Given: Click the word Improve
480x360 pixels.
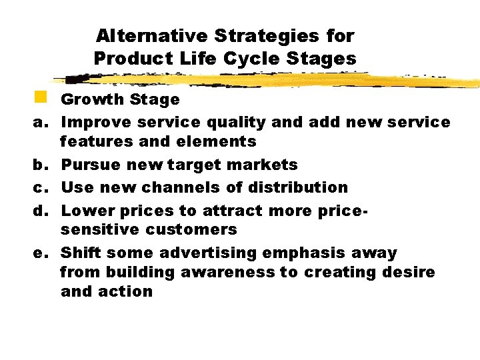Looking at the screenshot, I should click(x=97, y=122).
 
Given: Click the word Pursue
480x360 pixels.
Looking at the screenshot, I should click(x=89, y=165).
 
